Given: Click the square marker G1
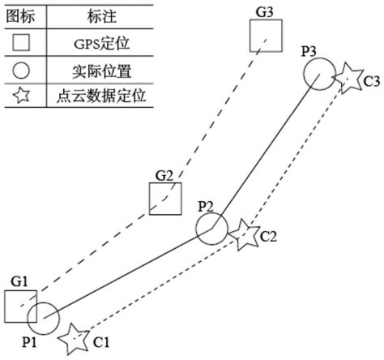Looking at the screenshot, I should coord(19,306).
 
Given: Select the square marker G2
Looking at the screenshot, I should coord(165,199).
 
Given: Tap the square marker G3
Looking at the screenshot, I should coord(266,36).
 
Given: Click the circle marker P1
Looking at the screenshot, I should coord(43,319).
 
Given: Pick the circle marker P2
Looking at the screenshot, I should coord(211,230).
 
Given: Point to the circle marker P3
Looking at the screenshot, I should coord(318,74).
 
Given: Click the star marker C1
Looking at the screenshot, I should coord(75,337).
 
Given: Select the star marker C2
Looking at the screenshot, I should coord(243,236).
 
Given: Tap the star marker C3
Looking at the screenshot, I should coord(349,78).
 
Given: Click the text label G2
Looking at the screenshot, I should coord(165,175).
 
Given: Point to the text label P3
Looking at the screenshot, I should coord(309,51).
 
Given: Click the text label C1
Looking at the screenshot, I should coord(101,343).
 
